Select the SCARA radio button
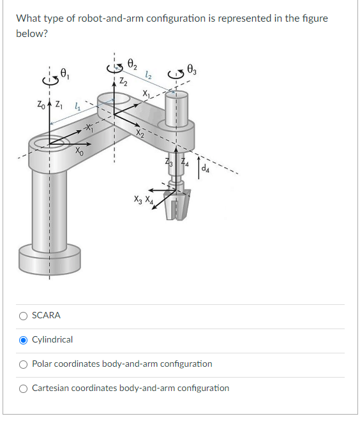(24, 315)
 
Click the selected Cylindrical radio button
(24, 339)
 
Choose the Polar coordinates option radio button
(24, 364)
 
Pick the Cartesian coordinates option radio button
(24, 388)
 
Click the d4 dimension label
(205, 170)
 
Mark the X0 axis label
(77, 152)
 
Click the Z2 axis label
(123, 82)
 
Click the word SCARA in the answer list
(46, 315)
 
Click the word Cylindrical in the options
(52, 339)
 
